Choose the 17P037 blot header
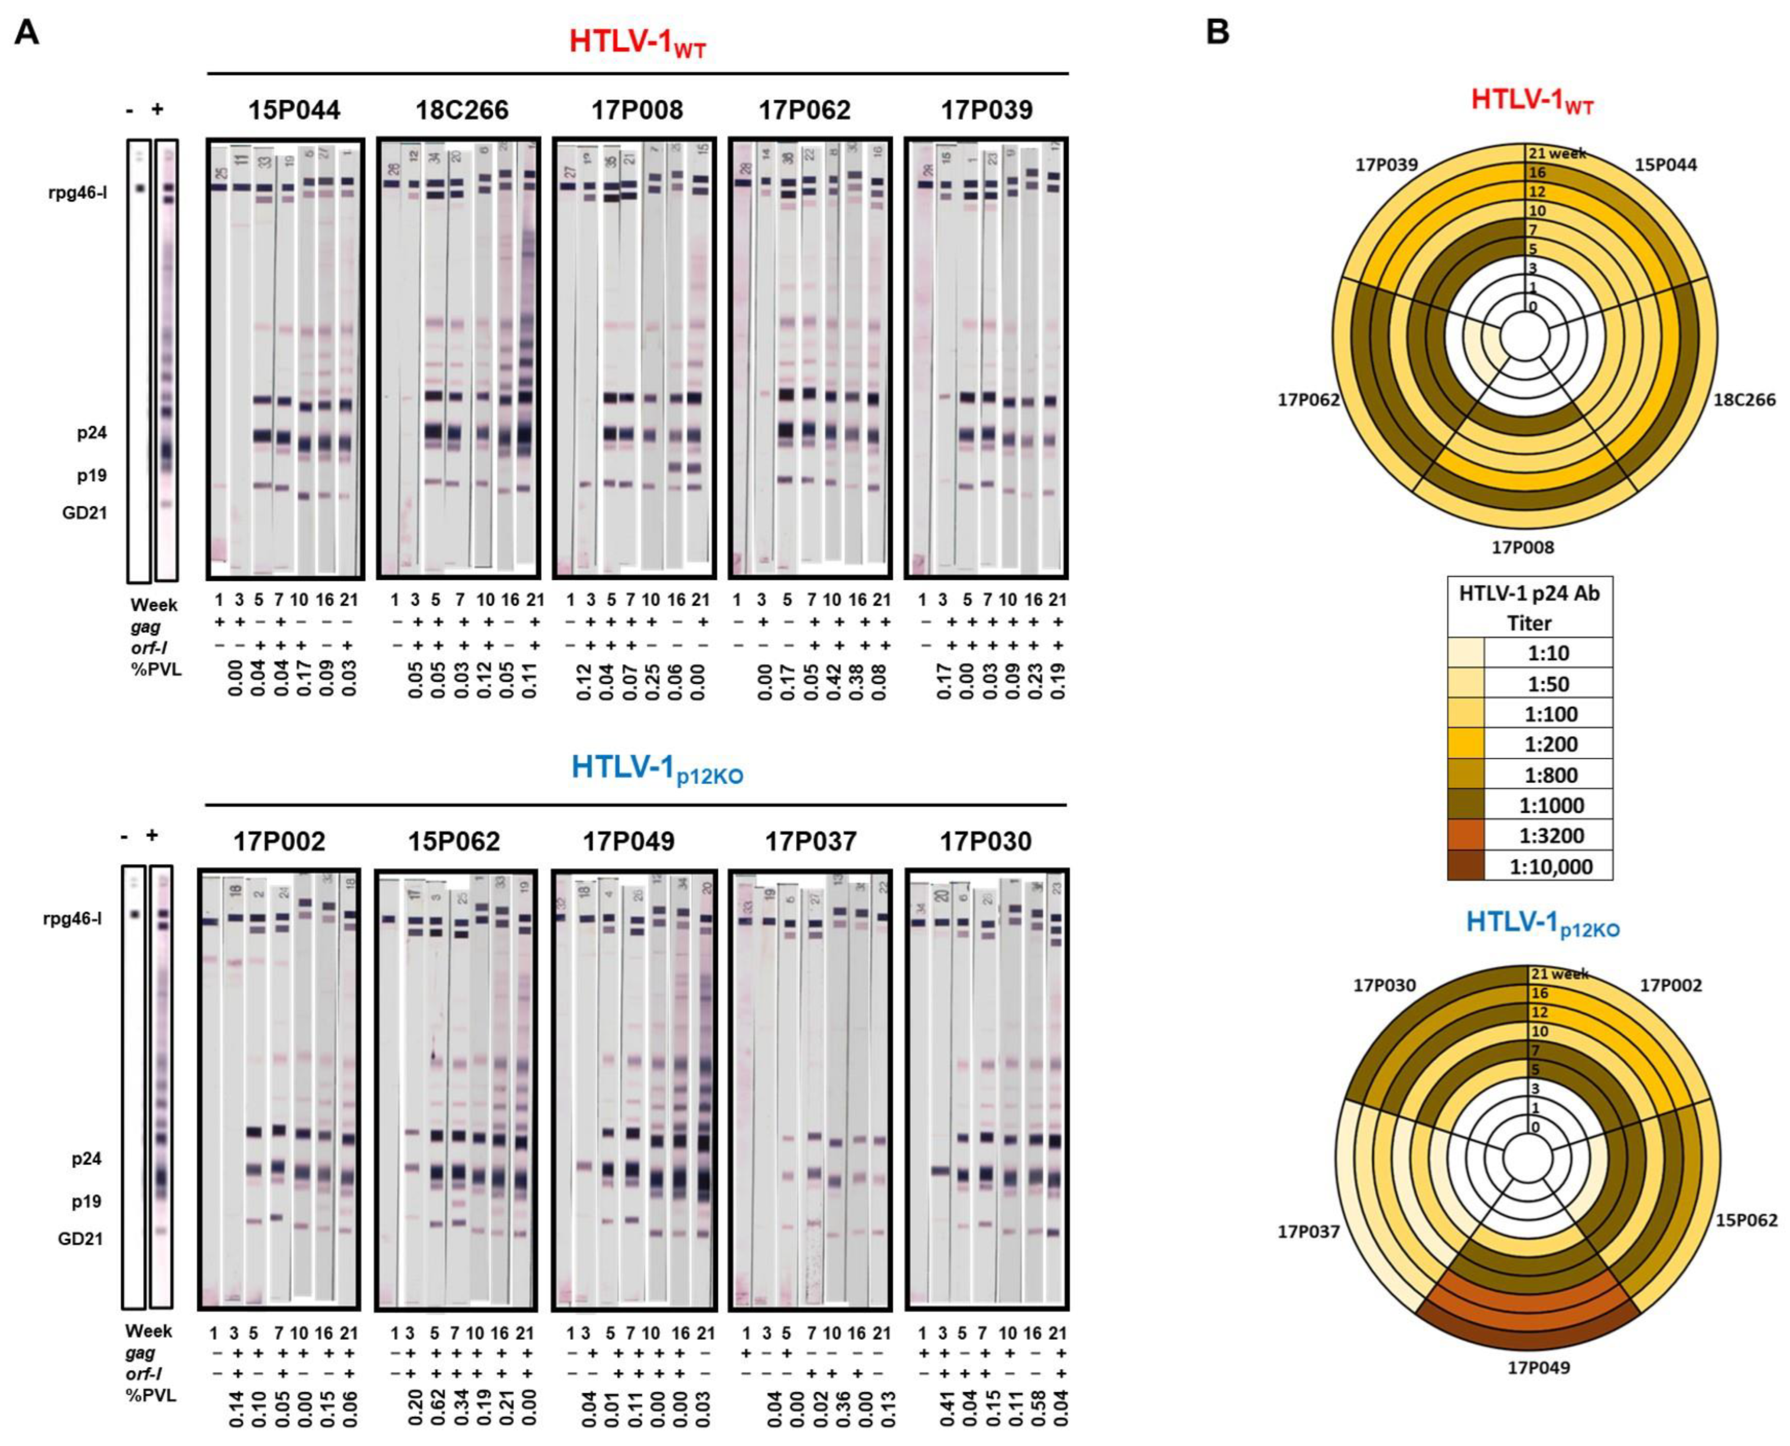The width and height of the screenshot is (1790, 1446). click(811, 841)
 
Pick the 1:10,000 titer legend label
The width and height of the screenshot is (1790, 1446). click(1551, 867)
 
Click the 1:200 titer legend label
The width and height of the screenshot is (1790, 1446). click(1551, 745)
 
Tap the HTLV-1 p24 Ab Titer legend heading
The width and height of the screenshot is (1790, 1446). click(1529, 608)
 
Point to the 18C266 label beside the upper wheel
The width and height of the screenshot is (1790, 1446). click(1744, 400)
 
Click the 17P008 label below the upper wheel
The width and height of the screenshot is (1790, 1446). click(1523, 547)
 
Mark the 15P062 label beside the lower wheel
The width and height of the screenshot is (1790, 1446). click(1746, 1220)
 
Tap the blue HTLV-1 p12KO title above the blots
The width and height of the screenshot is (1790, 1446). click(657, 769)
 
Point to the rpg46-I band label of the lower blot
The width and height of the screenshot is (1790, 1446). click(73, 919)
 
